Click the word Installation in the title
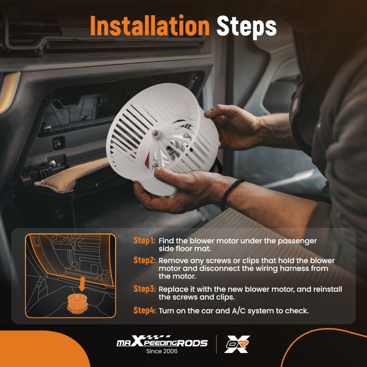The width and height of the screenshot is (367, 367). [150, 26]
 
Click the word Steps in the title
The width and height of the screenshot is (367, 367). [247, 27]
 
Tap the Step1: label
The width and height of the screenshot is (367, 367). [144, 240]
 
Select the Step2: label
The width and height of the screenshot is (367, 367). [144, 260]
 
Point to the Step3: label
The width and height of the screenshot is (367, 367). [144, 289]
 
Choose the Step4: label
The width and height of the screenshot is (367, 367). [144, 310]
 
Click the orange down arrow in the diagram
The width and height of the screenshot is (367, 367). [82, 284]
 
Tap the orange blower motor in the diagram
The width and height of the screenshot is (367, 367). [77, 304]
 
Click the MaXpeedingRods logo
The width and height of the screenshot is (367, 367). [162, 341]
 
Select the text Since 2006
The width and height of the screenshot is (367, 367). [162, 351]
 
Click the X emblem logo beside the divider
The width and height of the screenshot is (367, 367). [237, 344]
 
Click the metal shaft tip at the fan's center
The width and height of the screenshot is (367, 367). [154, 133]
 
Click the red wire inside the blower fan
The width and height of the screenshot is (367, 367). [148, 158]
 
